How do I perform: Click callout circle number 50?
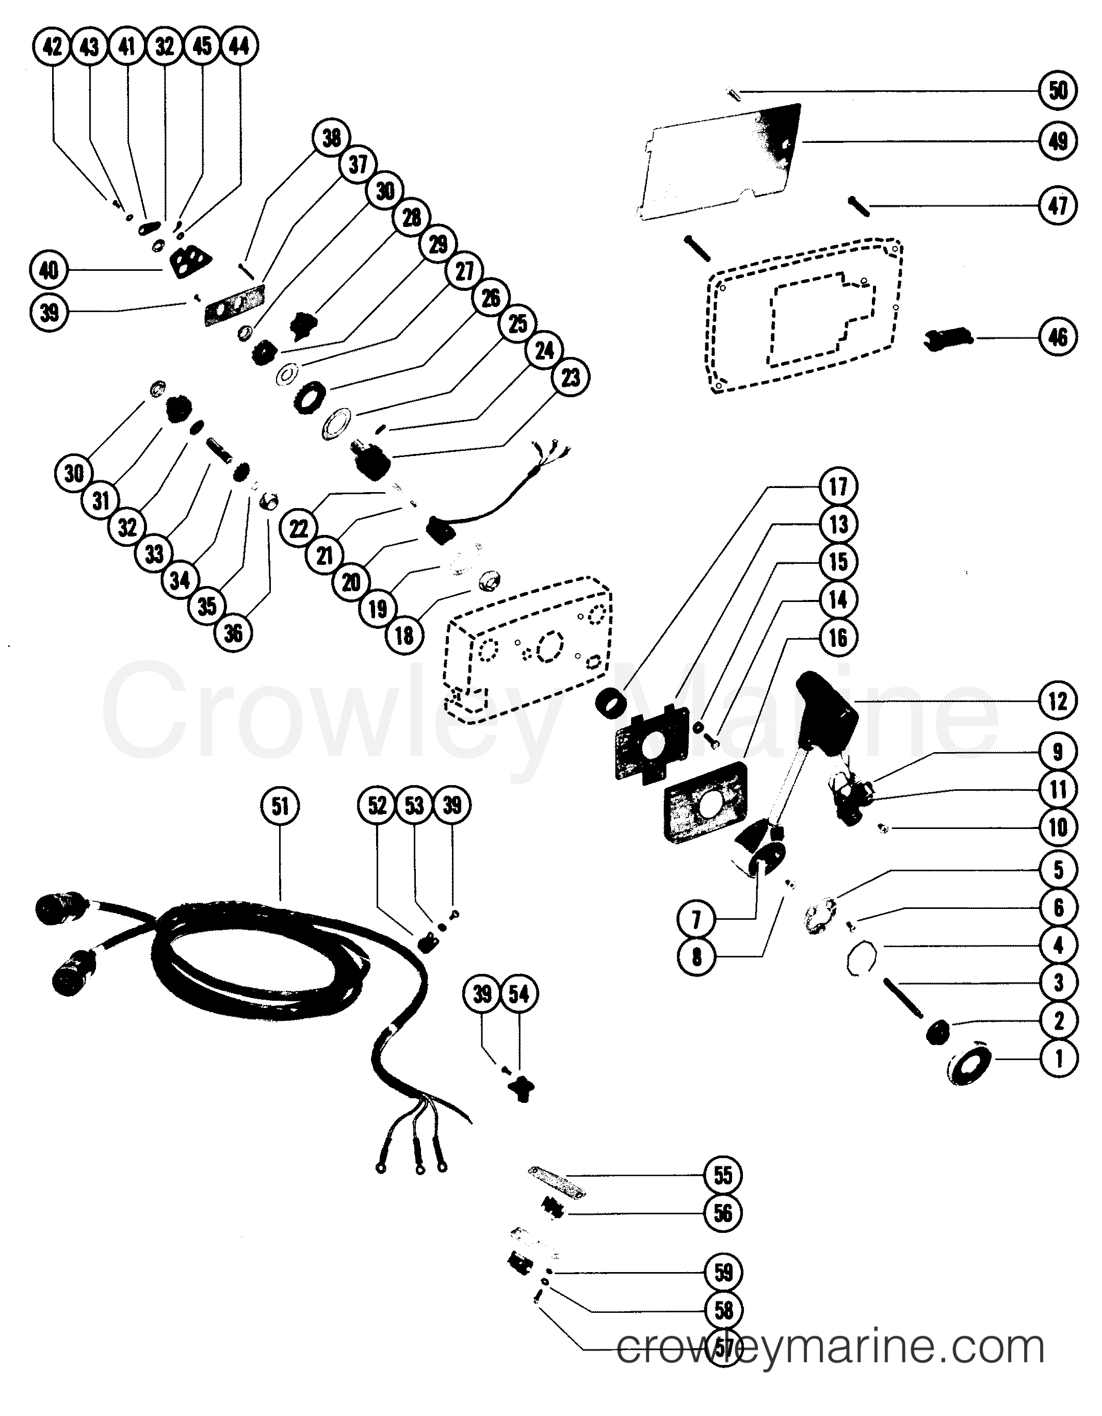pos(1058,91)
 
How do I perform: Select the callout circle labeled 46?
pos(1058,337)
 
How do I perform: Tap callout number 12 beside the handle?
pos(1058,701)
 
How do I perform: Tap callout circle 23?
pos(571,377)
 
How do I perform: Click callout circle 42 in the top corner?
pos(53,46)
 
